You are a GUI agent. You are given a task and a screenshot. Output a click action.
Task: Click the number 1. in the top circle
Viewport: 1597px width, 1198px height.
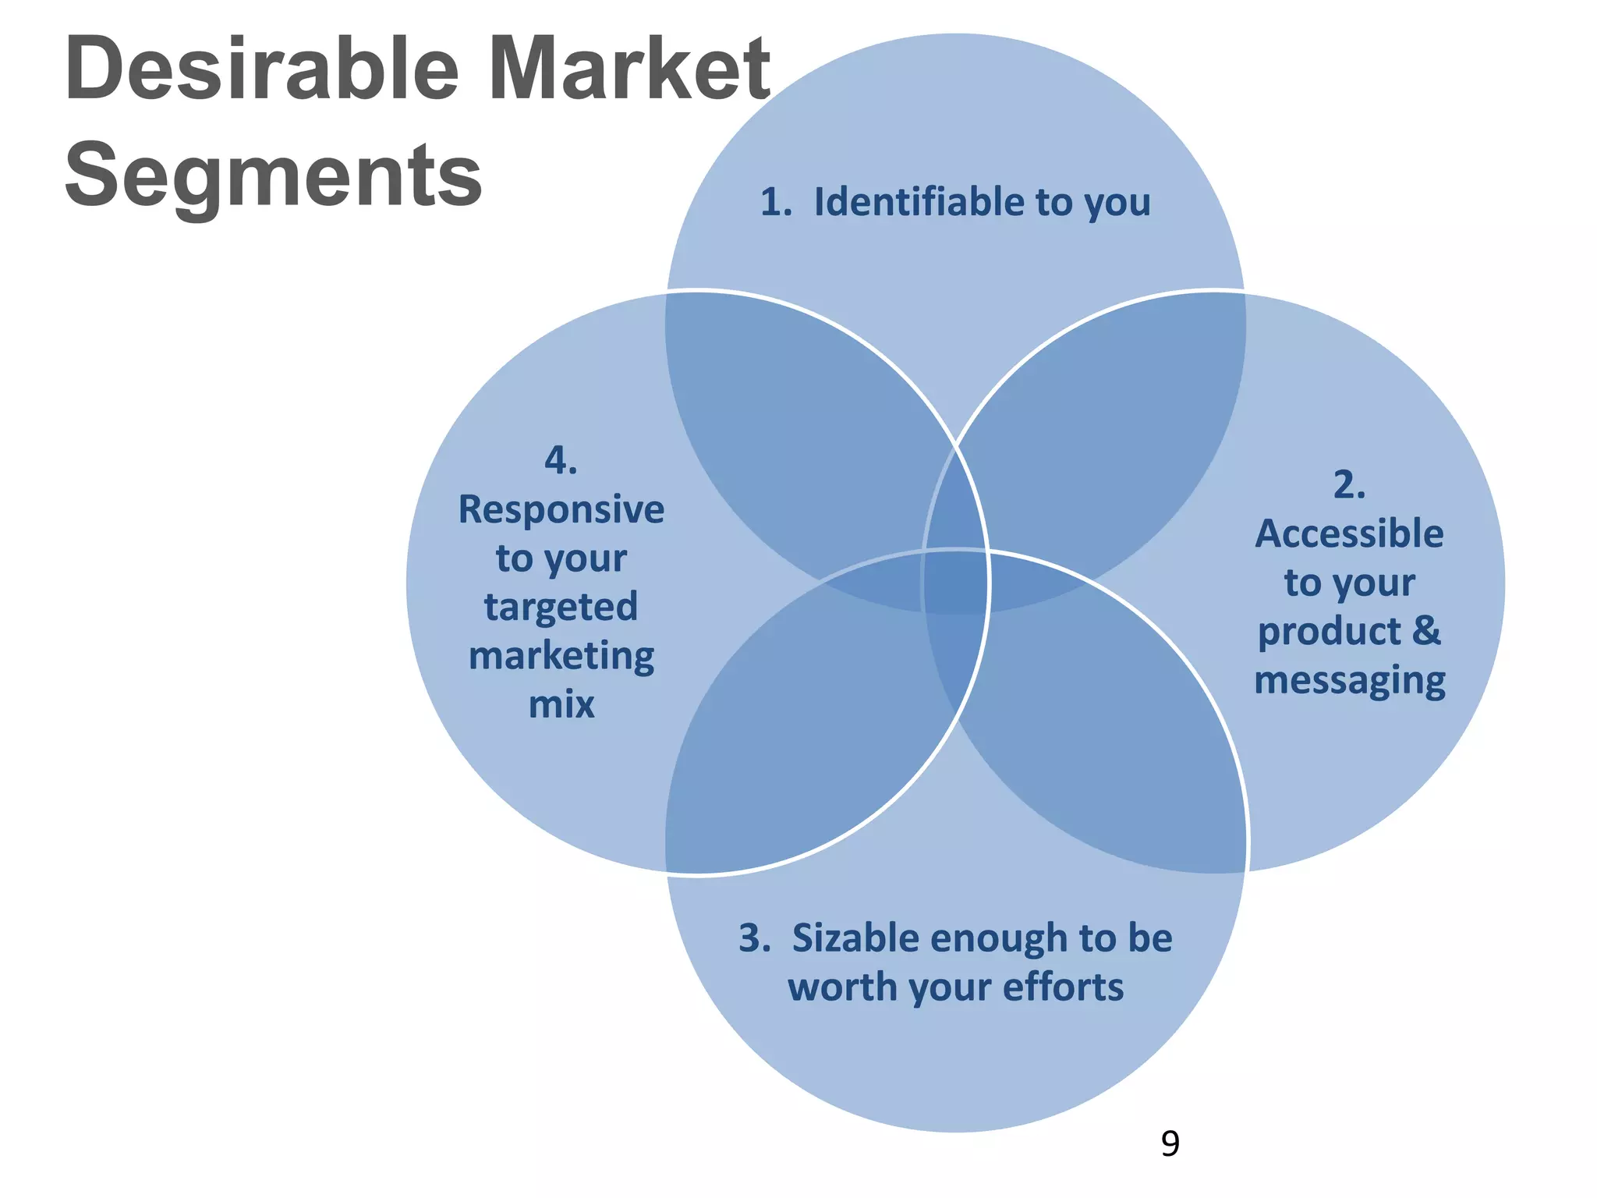pyautogui.click(x=776, y=202)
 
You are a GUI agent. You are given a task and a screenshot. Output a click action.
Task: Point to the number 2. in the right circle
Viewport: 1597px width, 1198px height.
pyautogui.click(x=1349, y=485)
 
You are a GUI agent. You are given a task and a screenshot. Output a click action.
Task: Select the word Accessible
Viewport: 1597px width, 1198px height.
pyautogui.click(x=1349, y=534)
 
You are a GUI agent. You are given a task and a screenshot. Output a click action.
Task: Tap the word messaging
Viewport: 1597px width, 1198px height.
pyautogui.click(x=1349, y=681)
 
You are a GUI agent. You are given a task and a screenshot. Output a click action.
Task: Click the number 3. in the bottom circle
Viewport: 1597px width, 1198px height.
pyautogui.click(x=754, y=937)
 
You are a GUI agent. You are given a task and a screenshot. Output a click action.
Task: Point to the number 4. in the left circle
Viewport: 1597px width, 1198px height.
pyautogui.click(x=561, y=460)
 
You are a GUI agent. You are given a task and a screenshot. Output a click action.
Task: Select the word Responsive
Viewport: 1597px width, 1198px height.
pyautogui.click(x=561, y=510)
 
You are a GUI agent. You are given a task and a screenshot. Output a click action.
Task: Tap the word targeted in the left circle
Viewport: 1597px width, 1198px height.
pyautogui.click(x=561, y=607)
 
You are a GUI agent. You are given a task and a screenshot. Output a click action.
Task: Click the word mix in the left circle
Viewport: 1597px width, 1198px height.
pyautogui.click(x=561, y=705)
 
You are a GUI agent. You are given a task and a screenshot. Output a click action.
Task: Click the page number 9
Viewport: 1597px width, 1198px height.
pyautogui.click(x=1170, y=1143)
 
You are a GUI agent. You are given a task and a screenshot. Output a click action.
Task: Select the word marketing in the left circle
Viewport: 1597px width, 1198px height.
pyautogui.click(x=561, y=657)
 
